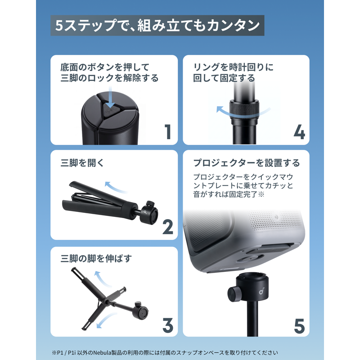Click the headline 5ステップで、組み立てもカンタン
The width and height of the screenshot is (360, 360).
(157, 25)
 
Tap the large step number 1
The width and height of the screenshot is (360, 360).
(168, 131)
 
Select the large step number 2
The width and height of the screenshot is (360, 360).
(168, 227)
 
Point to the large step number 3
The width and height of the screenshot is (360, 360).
(168, 325)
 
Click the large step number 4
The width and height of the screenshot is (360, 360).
(299, 132)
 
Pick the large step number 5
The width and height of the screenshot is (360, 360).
(299, 326)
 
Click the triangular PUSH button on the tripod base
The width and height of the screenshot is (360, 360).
(110, 110)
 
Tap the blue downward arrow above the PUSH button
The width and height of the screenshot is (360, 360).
(110, 97)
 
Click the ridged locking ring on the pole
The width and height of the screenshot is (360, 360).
(244, 109)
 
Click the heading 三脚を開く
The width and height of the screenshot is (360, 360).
(82, 163)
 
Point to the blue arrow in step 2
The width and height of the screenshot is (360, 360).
(116, 187)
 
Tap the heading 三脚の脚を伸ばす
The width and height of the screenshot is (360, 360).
(96, 258)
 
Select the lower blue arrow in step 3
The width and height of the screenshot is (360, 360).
(106, 320)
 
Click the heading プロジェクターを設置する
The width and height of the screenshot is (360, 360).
(247, 163)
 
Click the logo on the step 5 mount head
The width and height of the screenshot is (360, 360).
(261, 291)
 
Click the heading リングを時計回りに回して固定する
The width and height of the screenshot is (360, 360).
(234, 72)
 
